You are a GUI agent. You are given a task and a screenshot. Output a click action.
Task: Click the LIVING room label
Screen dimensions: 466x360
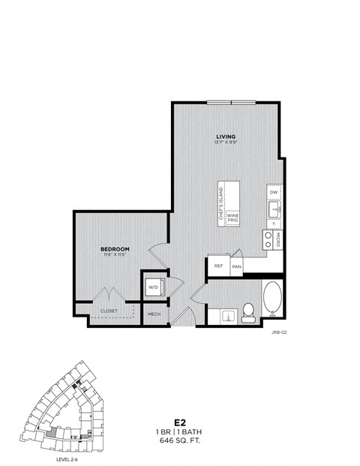point(226,136)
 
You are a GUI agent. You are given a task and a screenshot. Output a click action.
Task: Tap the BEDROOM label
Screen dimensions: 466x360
point(115,248)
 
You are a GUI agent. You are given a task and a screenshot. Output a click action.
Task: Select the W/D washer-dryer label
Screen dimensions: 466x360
point(153,287)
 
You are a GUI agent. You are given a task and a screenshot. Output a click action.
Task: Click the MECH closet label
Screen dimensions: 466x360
point(154,314)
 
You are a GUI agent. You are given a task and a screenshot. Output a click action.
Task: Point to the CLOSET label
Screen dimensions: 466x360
point(109,309)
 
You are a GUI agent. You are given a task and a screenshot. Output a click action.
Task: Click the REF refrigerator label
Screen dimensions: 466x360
point(219,266)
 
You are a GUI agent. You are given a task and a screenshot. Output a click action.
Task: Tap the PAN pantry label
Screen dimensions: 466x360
point(236,266)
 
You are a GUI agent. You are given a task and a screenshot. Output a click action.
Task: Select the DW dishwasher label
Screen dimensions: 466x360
point(274,193)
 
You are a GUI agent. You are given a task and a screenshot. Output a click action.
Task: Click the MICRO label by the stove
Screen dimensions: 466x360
point(277,239)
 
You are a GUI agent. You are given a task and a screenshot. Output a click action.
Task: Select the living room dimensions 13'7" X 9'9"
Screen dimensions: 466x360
point(226,142)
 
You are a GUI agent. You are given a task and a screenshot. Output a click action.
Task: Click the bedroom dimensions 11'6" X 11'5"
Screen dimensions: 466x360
point(115,254)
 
